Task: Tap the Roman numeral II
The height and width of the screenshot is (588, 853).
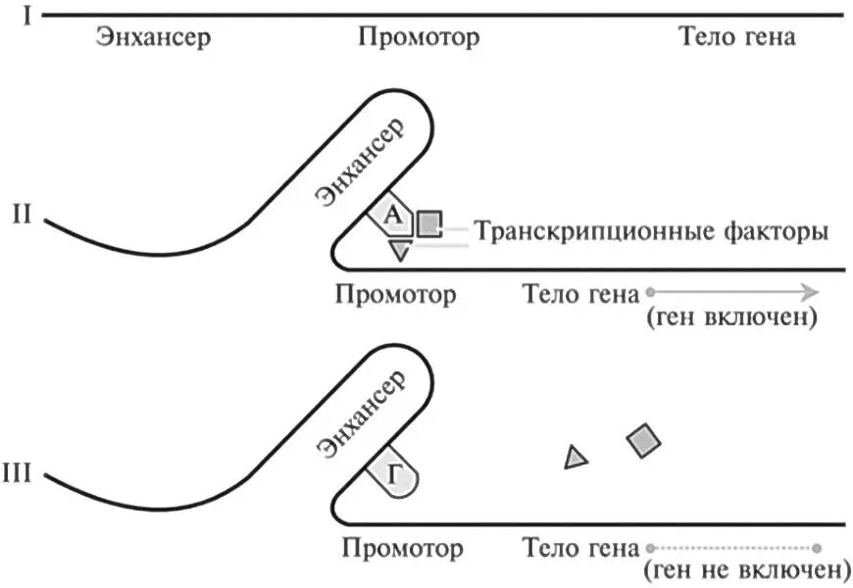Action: [x=25, y=214]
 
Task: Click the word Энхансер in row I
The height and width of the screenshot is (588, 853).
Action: [x=153, y=38]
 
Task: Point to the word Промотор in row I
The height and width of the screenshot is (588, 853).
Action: [x=419, y=38]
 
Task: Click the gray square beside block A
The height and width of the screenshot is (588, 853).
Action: [x=427, y=224]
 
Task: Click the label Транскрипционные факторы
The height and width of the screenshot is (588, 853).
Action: [x=651, y=232]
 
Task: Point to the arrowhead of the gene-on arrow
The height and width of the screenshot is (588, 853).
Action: [x=808, y=291]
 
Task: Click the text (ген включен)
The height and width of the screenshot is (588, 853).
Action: [x=730, y=318]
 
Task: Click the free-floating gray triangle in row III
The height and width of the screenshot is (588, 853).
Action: [x=577, y=457]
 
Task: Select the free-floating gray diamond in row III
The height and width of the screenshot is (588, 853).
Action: [x=643, y=442]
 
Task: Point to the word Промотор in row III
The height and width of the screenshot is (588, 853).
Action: [x=404, y=545]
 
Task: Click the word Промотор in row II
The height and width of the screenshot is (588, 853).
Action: [x=395, y=293]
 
